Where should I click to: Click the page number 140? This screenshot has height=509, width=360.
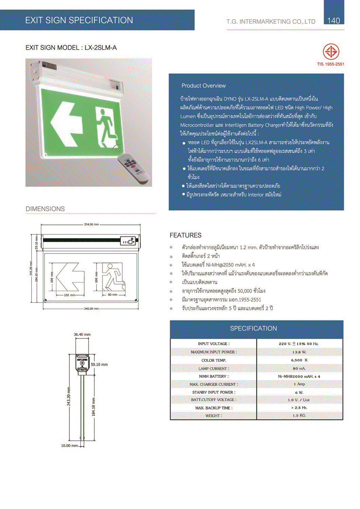[x=334, y=21]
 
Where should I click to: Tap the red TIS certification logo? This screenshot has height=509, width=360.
[x=331, y=52]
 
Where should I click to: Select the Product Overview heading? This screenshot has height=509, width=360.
[x=203, y=86]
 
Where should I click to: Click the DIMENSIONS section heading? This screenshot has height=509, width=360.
[x=45, y=209]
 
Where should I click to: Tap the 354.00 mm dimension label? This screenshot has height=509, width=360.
[x=91, y=224]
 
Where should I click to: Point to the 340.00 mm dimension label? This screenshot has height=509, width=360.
[x=91, y=309]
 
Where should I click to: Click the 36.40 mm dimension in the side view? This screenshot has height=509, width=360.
[x=82, y=335]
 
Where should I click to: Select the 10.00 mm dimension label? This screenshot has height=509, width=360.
[x=70, y=446]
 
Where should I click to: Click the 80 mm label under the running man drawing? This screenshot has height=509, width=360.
[x=112, y=295]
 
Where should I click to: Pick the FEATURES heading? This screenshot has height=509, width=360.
[x=185, y=235]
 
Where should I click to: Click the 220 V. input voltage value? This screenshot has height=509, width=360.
[x=299, y=344]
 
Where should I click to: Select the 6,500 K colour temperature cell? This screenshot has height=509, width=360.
[x=299, y=360]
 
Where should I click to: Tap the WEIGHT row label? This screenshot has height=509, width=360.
[x=214, y=416]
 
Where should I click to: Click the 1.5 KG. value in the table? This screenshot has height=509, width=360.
[x=299, y=415]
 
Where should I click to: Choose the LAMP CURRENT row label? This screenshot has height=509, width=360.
[x=214, y=369]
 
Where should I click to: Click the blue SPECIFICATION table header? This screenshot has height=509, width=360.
[x=253, y=328]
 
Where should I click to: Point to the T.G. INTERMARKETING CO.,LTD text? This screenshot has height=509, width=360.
[x=271, y=22]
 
